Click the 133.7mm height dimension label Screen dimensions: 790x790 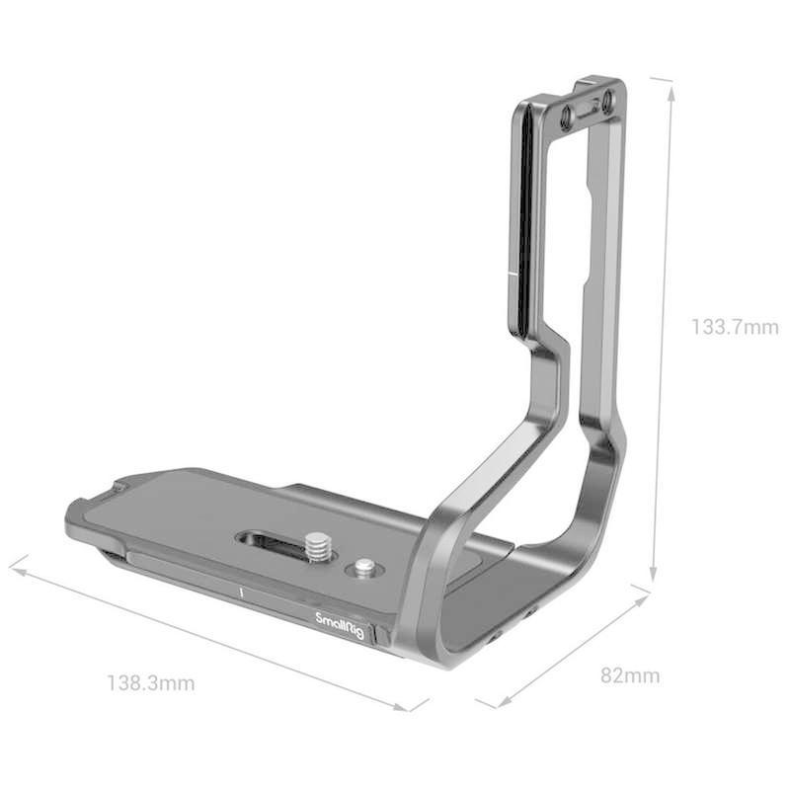(734, 327)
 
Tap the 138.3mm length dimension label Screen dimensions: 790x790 (150, 682)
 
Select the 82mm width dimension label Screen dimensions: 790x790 (630, 676)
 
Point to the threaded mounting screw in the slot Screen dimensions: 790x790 (317, 545)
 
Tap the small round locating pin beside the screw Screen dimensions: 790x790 (364, 568)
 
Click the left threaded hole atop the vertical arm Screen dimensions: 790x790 (567, 118)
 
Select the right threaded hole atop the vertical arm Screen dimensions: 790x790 (607, 100)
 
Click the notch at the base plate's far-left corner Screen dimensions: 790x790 (119, 487)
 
